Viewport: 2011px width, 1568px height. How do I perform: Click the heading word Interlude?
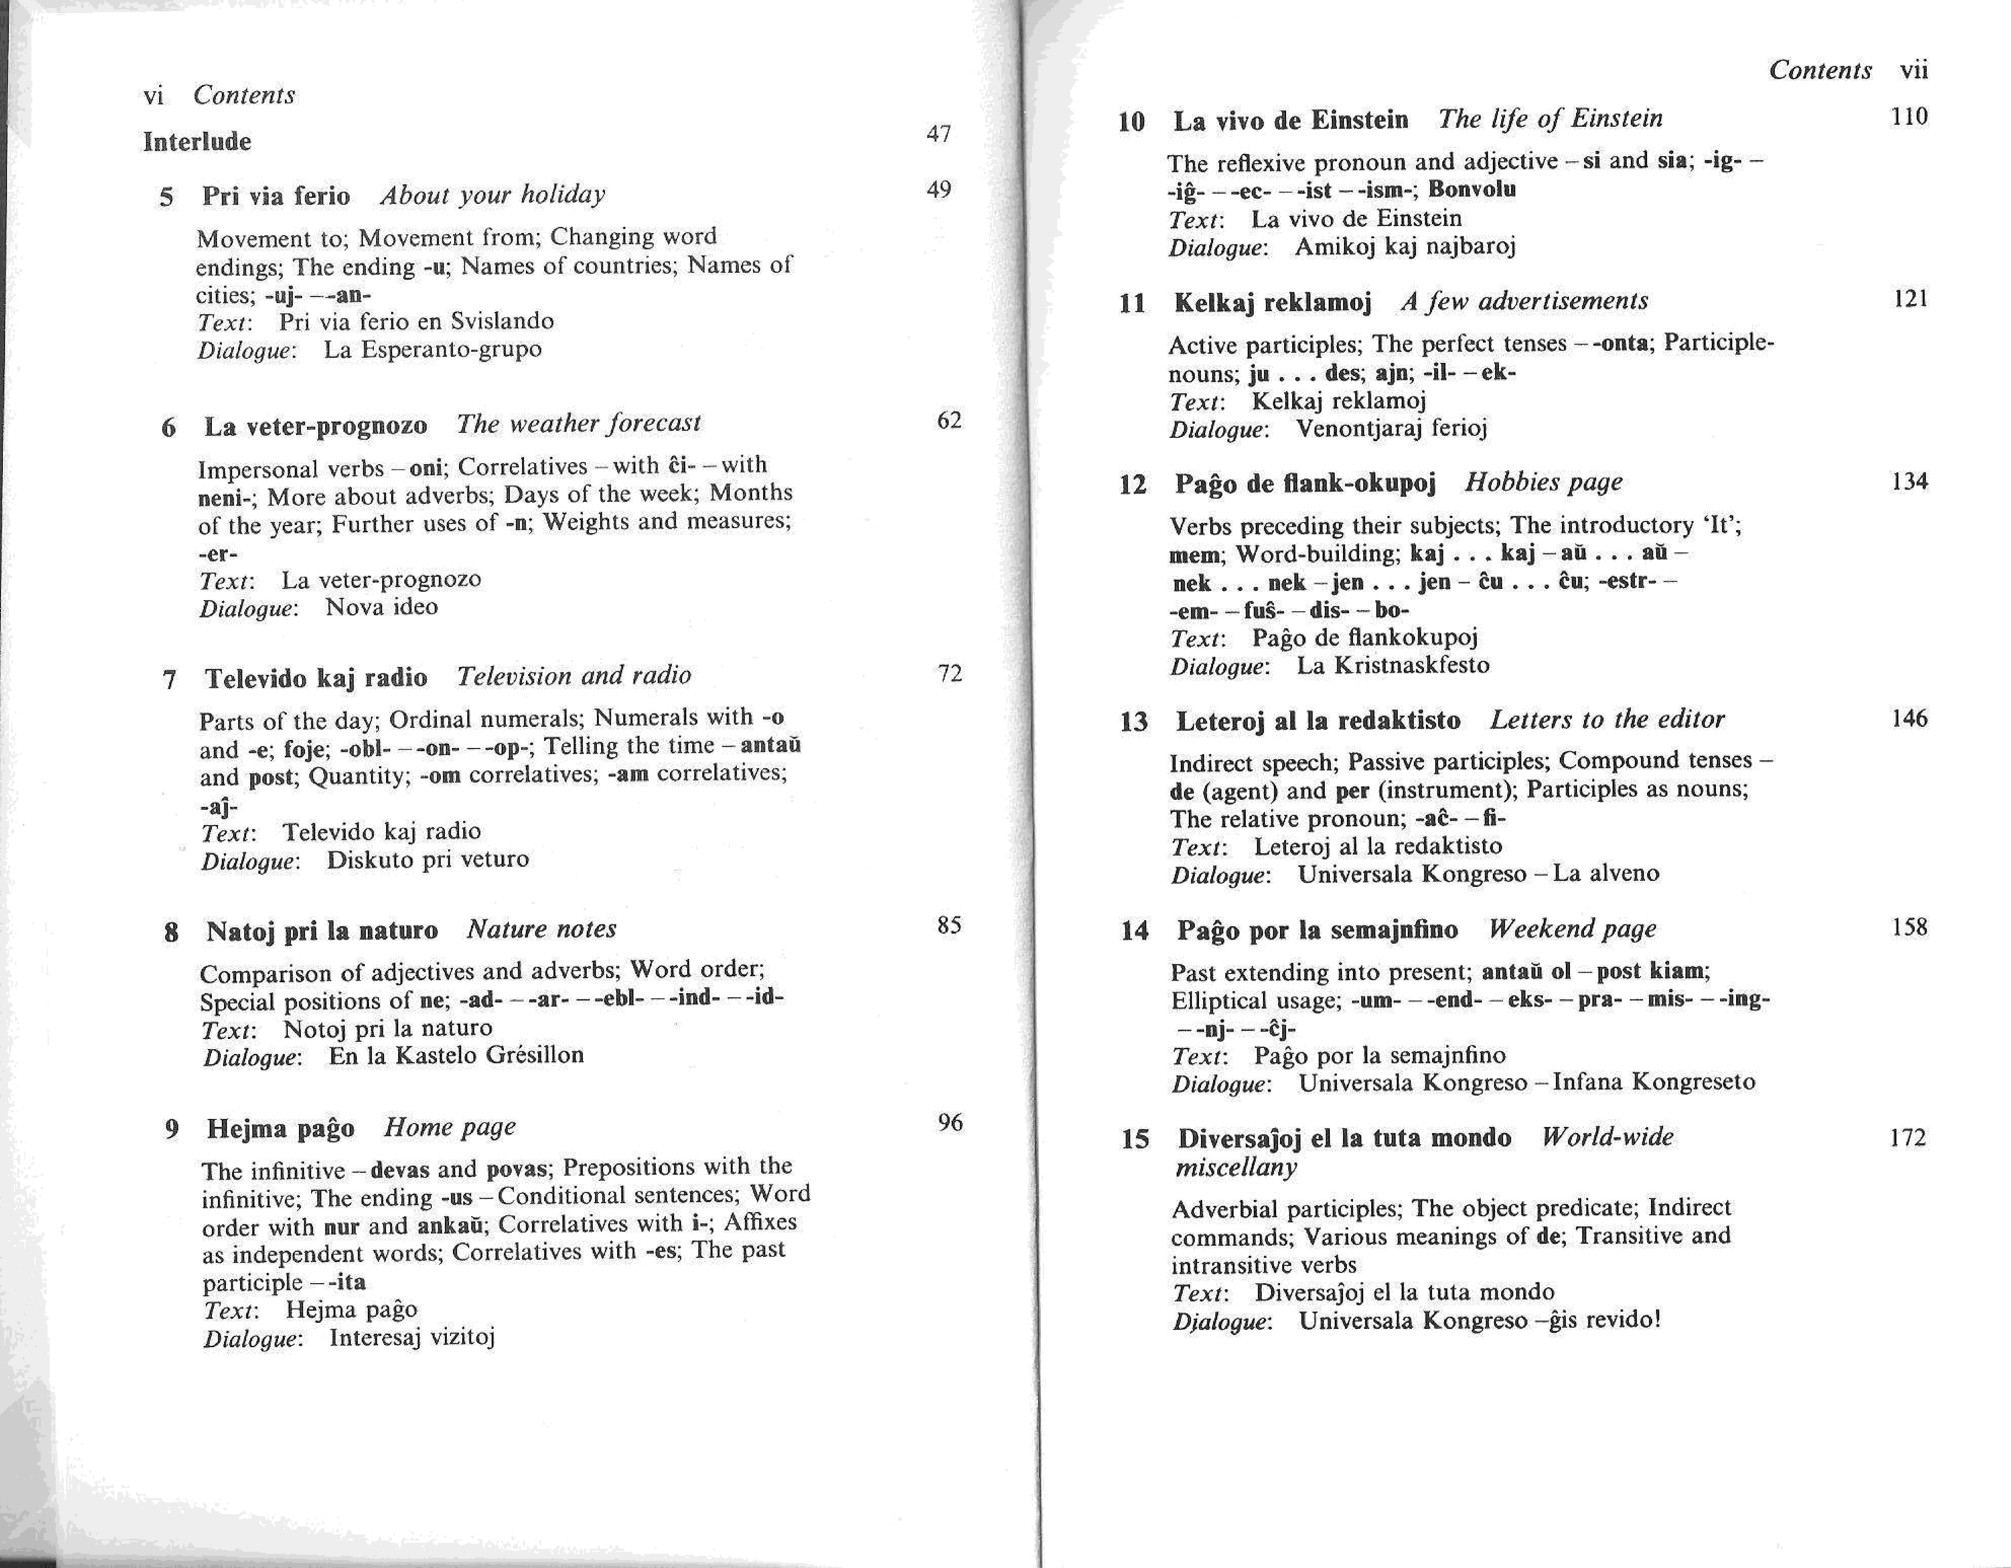[197, 142]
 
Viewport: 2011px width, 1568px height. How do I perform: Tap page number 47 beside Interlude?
[938, 135]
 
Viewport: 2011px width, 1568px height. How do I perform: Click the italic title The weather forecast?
[578, 424]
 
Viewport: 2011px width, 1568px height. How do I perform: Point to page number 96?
[949, 1123]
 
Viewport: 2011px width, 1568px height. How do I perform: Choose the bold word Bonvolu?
[1471, 190]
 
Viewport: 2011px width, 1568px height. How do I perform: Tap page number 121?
[1911, 299]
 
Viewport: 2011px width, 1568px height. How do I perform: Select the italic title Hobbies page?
[1543, 482]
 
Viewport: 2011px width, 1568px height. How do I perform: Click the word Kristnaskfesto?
[1393, 666]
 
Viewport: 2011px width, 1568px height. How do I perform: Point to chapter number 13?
[1134, 722]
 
